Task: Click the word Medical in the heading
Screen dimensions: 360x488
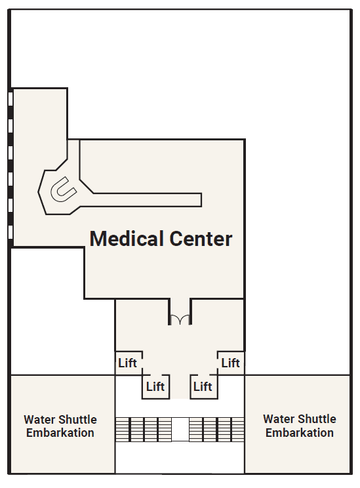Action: click(x=127, y=239)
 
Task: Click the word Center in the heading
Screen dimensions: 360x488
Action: click(x=201, y=239)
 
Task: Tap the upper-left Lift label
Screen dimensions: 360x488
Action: click(x=128, y=363)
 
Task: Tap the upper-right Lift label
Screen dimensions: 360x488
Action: click(x=231, y=363)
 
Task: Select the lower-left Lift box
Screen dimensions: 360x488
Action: click(x=156, y=386)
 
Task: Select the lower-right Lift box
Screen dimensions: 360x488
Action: click(x=204, y=386)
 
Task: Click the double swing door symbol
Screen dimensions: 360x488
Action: click(x=180, y=319)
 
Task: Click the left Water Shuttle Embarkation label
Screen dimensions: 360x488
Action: click(x=60, y=426)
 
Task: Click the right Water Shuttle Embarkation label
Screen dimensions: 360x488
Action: click(x=300, y=426)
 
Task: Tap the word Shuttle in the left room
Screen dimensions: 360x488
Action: click(x=79, y=420)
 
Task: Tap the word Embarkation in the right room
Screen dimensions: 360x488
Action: click(x=300, y=433)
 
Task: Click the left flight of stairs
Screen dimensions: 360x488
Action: click(x=144, y=430)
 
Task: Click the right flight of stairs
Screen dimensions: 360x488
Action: click(x=216, y=430)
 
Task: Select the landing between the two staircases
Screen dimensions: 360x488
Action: click(x=180, y=430)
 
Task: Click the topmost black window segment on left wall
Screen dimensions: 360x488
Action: click(x=10, y=112)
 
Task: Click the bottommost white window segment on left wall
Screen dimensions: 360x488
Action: click(x=10, y=232)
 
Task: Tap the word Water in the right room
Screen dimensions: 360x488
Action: click(x=277, y=419)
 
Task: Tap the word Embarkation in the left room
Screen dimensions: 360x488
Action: click(x=60, y=433)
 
